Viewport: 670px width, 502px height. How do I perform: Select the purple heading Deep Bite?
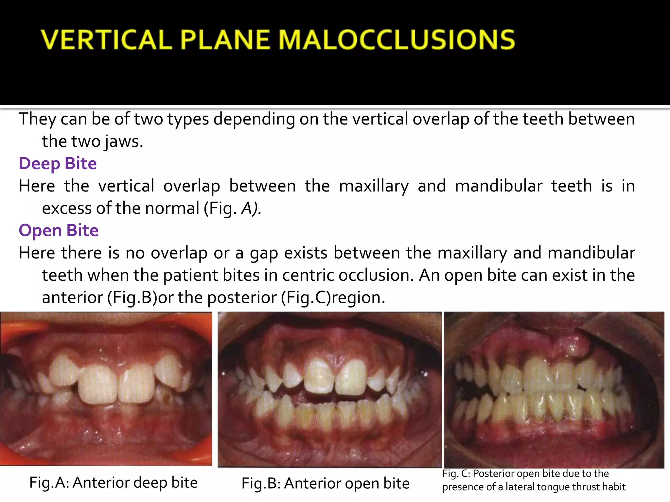click(58, 163)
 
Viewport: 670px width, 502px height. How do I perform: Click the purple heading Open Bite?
click(59, 230)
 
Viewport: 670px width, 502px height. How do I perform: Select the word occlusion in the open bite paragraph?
click(376, 275)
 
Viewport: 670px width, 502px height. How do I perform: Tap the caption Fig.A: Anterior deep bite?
click(114, 482)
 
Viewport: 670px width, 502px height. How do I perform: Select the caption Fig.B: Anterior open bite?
click(326, 483)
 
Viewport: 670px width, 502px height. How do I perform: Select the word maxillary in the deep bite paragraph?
click(374, 186)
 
